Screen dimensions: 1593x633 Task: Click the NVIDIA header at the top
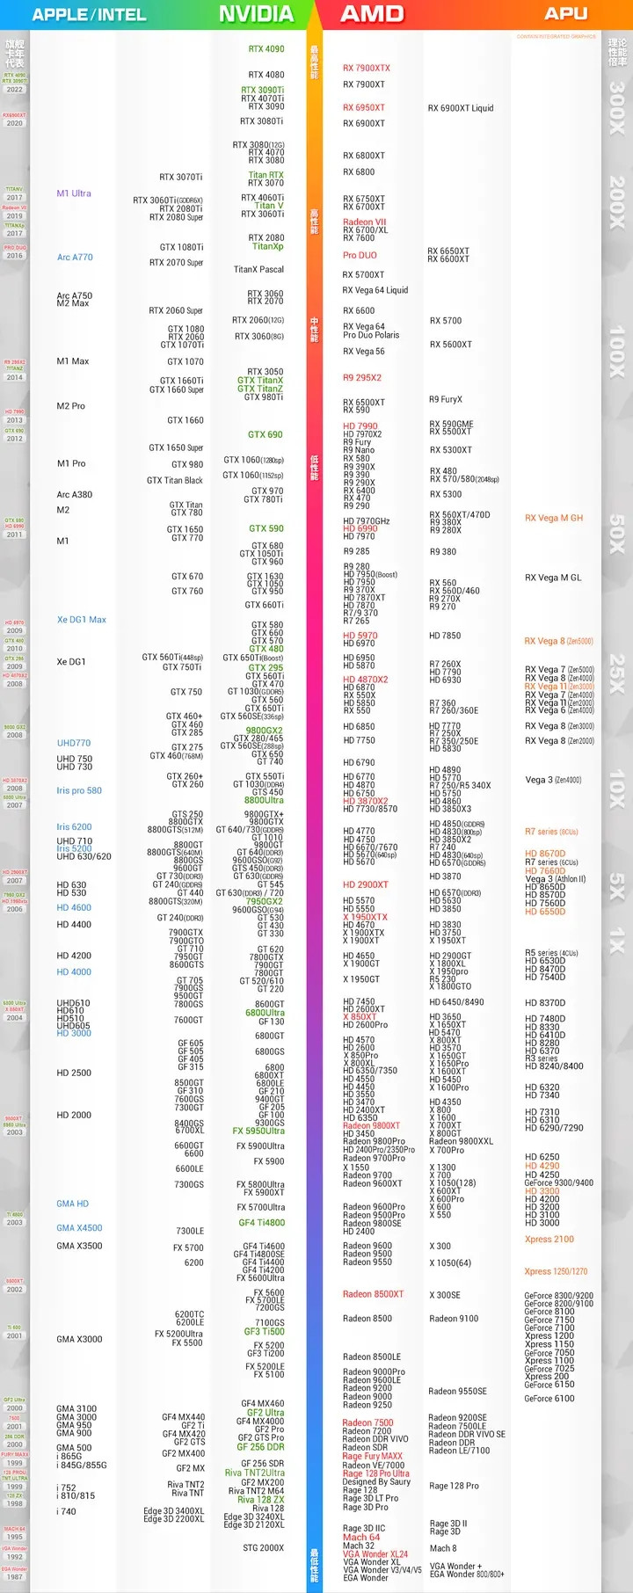(x=256, y=14)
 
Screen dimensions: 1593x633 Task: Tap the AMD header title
(x=372, y=14)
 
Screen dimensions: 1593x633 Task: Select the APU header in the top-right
(x=566, y=13)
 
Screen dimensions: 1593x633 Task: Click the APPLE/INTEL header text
(x=89, y=15)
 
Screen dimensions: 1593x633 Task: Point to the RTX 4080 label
(x=266, y=76)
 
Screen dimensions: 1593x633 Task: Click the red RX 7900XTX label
(x=367, y=69)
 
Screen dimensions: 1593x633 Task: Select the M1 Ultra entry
(x=74, y=193)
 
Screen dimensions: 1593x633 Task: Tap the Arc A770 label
(x=75, y=258)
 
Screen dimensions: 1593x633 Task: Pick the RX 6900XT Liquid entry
(x=461, y=109)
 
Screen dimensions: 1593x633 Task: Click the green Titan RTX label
(x=266, y=176)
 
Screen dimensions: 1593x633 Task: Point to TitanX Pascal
(x=258, y=270)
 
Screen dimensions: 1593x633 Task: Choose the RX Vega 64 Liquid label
(x=375, y=290)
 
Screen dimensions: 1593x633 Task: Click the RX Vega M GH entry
(x=554, y=519)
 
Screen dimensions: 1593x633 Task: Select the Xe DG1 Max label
(x=82, y=620)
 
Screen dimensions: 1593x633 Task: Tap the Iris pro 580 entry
(x=79, y=791)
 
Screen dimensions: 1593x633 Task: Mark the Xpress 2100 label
(x=549, y=1240)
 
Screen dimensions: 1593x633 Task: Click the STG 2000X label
(x=264, y=1548)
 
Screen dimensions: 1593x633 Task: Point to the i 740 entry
(x=67, y=1512)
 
